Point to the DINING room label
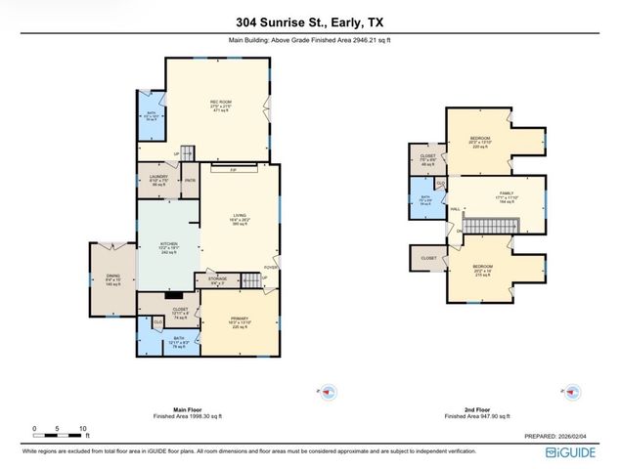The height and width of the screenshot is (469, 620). (x=112, y=277)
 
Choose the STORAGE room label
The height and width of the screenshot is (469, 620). (x=217, y=279)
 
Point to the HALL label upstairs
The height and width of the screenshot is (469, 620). (x=456, y=209)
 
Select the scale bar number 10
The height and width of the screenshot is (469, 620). (x=84, y=428)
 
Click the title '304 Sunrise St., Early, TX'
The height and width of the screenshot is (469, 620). (x=309, y=22)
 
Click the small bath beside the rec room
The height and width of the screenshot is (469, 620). (x=150, y=119)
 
